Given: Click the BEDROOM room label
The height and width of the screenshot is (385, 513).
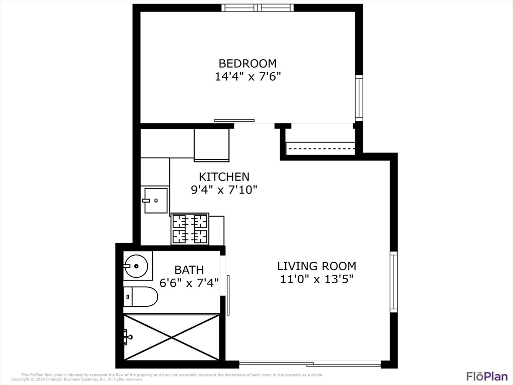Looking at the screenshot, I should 247,64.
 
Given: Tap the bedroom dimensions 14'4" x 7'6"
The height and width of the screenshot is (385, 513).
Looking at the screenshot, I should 247,77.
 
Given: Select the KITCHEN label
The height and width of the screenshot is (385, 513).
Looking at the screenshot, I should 224,177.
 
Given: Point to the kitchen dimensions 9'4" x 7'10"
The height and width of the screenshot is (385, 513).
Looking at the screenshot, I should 224,190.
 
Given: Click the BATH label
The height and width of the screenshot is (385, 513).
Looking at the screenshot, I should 189,270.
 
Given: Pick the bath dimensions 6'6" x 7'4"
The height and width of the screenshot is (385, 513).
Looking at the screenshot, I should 189,283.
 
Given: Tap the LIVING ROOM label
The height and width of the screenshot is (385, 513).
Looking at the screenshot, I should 317,266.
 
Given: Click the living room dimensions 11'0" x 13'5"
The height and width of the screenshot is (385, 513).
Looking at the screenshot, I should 317,279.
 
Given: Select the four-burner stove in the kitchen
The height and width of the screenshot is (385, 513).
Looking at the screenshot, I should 190,229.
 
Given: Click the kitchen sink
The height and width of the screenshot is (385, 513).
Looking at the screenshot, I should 155,201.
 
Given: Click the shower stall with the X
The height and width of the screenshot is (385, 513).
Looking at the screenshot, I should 171,337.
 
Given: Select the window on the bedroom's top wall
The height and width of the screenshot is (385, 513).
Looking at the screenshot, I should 258,8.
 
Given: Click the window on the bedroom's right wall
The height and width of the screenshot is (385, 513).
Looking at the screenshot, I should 359,98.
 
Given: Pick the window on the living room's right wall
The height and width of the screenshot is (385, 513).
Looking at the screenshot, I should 393,282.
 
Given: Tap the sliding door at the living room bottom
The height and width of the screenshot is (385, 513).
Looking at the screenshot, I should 310,363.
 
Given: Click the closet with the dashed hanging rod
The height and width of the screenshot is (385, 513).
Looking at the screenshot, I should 320,148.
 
